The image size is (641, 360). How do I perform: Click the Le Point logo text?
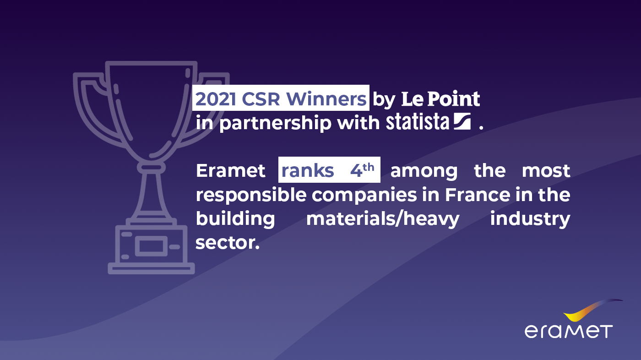pyautogui.click(x=440, y=99)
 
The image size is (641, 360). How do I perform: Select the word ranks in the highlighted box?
pyautogui.click(x=307, y=171)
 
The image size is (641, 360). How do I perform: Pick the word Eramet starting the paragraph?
pyautogui.click(x=230, y=171)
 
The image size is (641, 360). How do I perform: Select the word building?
pyautogui.click(x=235, y=219)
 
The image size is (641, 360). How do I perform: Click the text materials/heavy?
pyautogui.click(x=382, y=219)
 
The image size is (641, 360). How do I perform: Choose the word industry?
pyautogui.click(x=530, y=219)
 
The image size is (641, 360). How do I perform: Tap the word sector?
pyautogui.click(x=227, y=243)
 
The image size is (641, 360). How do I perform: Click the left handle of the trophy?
pyautogui.click(x=92, y=105)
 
